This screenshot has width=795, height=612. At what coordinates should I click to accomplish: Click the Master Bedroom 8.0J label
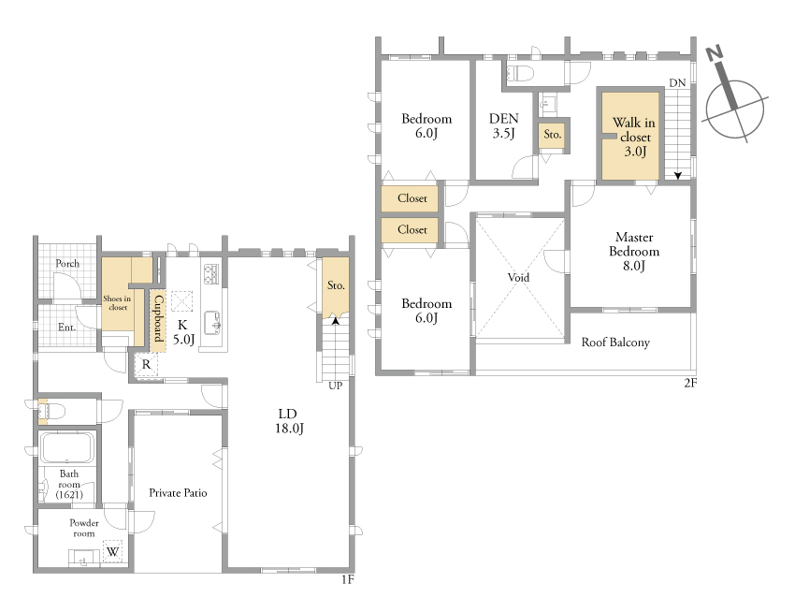pyautogui.click(x=634, y=252)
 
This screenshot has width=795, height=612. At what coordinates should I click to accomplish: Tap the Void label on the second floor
pyautogui.click(x=518, y=278)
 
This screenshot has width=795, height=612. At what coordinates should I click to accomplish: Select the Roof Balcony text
pyautogui.click(x=615, y=342)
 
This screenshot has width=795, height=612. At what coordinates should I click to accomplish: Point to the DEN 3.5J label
pyautogui.click(x=503, y=125)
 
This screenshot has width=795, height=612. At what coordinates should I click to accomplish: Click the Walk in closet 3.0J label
pyautogui.click(x=634, y=137)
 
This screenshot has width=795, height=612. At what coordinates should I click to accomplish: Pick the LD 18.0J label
pyautogui.click(x=288, y=421)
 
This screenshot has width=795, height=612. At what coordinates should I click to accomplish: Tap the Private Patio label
pyautogui.click(x=178, y=493)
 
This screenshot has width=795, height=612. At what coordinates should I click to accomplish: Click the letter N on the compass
pyautogui.click(x=714, y=52)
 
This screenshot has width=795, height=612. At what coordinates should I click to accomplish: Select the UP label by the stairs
pyautogui.click(x=335, y=386)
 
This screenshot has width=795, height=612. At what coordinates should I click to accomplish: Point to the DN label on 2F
pyautogui.click(x=677, y=82)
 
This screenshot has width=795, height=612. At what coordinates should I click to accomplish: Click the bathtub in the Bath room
pyautogui.click(x=67, y=447)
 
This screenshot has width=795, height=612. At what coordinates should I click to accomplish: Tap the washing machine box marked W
pyautogui.click(x=112, y=551)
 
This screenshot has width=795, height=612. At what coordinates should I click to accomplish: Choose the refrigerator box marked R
pyautogui.click(x=146, y=364)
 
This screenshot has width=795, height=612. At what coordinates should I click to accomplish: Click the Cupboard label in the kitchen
pyautogui.click(x=158, y=318)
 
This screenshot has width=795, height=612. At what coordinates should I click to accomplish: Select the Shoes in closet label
pyautogui.click(x=117, y=303)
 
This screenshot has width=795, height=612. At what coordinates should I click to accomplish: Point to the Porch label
pyautogui.click(x=67, y=263)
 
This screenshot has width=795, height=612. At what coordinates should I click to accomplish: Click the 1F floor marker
pyautogui.click(x=347, y=579)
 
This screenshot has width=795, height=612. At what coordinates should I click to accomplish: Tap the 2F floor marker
pyautogui.click(x=690, y=383)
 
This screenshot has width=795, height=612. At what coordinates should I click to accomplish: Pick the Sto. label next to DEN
pyautogui.click(x=552, y=135)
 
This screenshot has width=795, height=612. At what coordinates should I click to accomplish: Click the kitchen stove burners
pyautogui.click(x=210, y=274)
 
